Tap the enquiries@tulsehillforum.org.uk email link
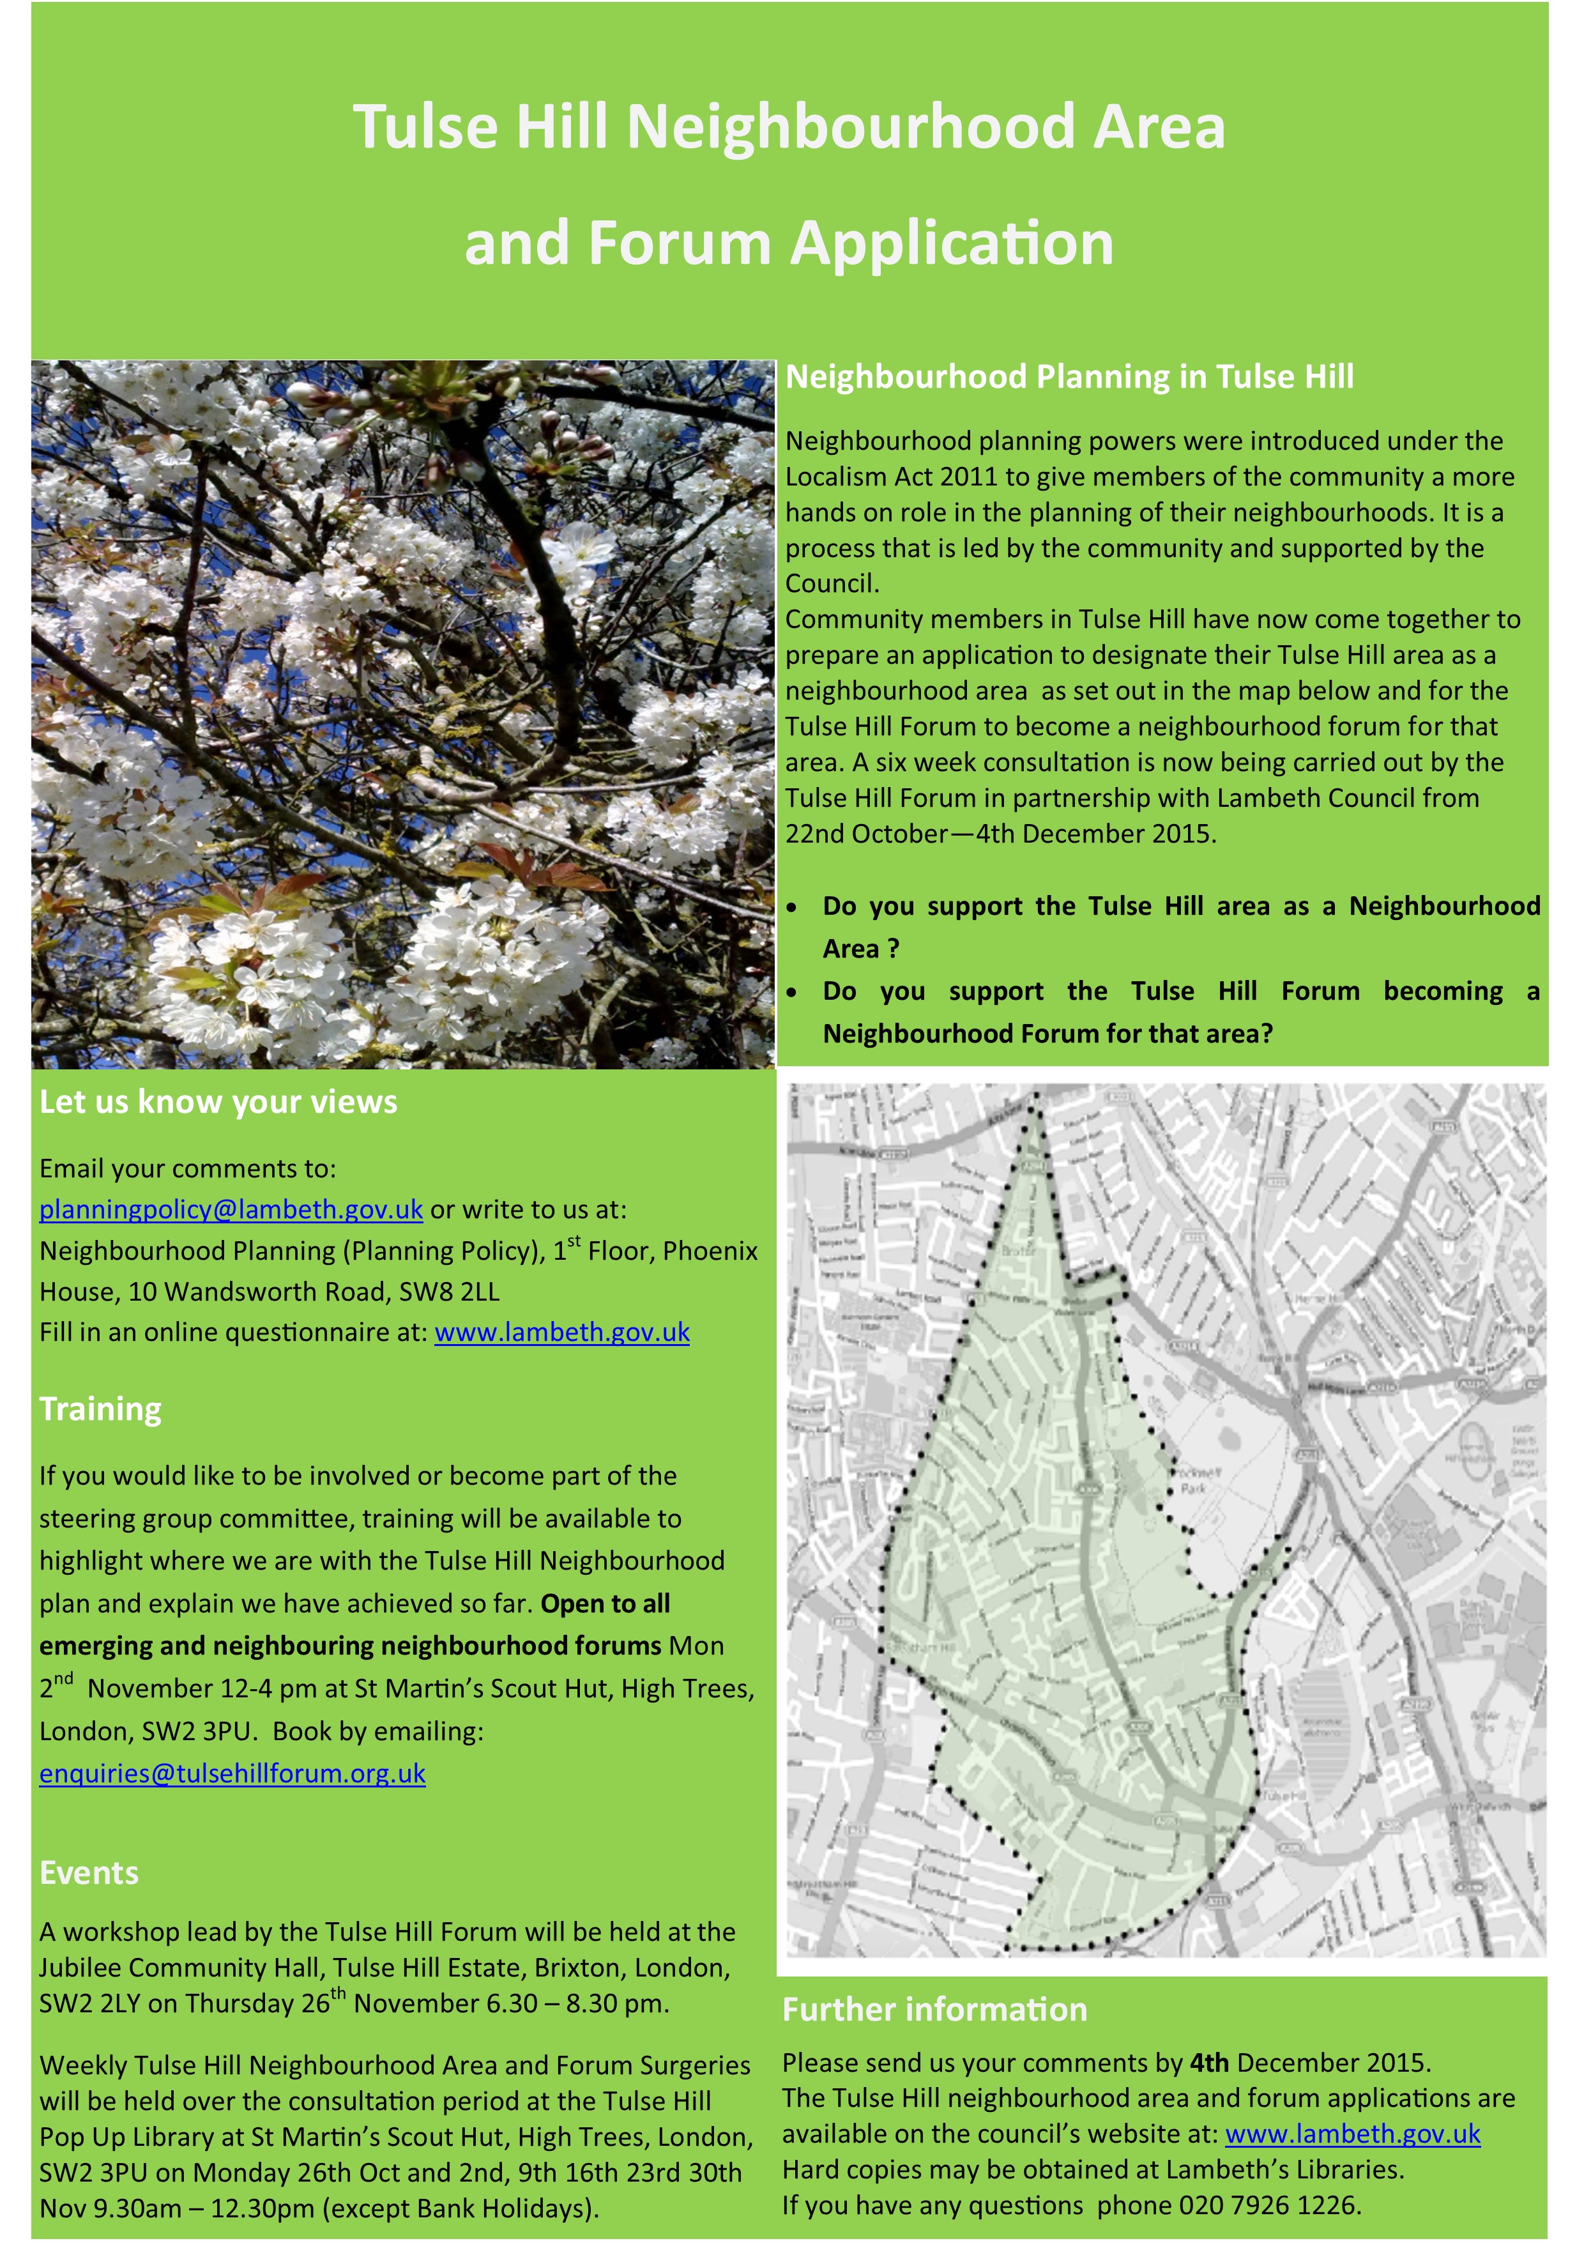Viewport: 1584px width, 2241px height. (x=232, y=1773)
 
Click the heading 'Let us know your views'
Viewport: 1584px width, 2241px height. (x=218, y=1102)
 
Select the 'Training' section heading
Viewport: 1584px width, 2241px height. (x=100, y=1409)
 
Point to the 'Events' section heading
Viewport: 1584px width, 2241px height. (x=89, y=1872)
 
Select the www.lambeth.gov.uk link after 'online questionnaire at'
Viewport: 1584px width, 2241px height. (x=562, y=1333)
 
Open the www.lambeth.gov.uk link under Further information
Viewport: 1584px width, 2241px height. (x=1353, y=2134)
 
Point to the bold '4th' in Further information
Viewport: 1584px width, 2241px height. (x=1208, y=2062)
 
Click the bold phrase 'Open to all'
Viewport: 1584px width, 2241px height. (x=605, y=1603)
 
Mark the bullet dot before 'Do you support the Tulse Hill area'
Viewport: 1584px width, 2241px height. (x=793, y=908)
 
